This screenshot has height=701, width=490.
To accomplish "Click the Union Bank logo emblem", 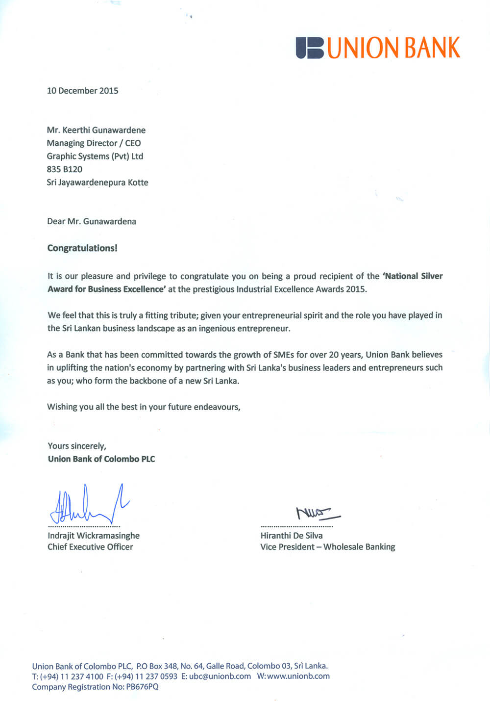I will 310,48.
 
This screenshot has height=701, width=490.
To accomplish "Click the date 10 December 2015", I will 82,91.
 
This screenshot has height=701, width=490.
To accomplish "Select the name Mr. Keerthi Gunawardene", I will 96,130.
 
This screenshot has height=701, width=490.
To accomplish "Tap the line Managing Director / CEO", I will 94,143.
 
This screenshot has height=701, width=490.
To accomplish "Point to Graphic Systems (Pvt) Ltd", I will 95,156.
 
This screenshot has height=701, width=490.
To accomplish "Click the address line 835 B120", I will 65,169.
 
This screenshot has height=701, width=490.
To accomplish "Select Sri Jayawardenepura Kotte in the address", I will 98,182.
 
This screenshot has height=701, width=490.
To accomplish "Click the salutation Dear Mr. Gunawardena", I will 92,221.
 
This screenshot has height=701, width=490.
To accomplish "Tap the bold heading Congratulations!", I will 82,248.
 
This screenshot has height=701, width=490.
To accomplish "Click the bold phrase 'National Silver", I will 412,276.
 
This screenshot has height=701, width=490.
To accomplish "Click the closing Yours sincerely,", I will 77,446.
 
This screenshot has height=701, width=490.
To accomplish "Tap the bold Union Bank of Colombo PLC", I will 101,459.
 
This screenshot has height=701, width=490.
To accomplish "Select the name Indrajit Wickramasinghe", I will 94,536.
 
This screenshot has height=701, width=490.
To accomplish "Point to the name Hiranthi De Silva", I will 292,536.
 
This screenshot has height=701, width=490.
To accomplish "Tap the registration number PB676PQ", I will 142,687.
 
